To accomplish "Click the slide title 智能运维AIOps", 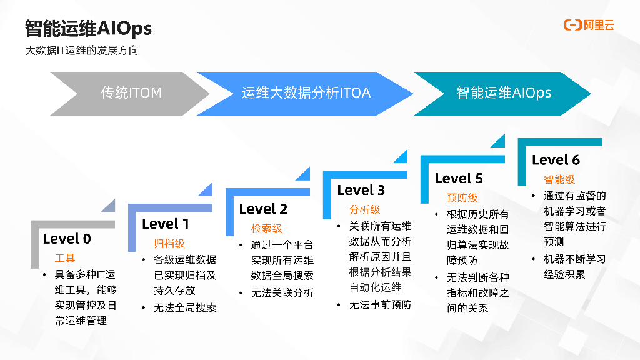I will click(88, 28).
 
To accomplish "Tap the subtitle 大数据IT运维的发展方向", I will click(81, 51).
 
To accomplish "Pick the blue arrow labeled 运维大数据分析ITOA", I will click(306, 93).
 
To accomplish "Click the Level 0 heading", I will click(67, 239).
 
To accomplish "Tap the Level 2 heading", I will click(263, 209).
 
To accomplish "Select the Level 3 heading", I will click(361, 190).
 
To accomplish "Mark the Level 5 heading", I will click(459, 178).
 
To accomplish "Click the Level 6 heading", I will click(556, 160).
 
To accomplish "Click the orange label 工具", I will click(64, 258).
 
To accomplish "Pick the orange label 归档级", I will click(169, 243).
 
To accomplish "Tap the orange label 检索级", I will click(267, 228).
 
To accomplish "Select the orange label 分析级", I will click(364, 209).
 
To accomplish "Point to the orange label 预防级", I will click(462, 197).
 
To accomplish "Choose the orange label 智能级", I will click(559, 179).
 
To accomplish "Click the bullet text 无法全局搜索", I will click(185, 307).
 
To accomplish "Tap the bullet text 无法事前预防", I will click(380, 305).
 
